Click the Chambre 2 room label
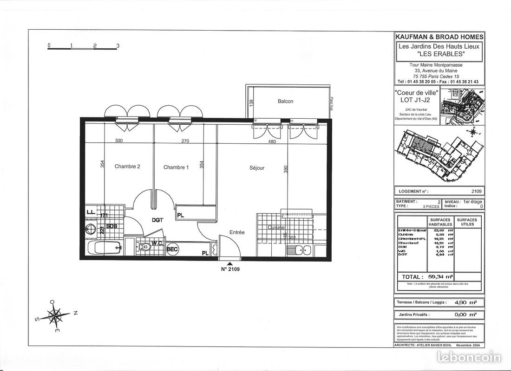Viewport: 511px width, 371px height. pyautogui.click(x=127, y=167)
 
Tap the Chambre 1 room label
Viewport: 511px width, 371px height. pyautogui.click(x=176, y=167)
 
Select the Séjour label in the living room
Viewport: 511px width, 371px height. pyautogui.click(x=257, y=168)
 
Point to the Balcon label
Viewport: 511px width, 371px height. pyautogui.click(x=285, y=101)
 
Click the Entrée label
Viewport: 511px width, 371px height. pyautogui.click(x=237, y=232)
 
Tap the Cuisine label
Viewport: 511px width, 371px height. pyautogui.click(x=276, y=228)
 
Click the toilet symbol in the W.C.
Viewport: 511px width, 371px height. pyautogui.click(x=146, y=247)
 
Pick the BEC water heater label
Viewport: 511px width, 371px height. pyautogui.click(x=173, y=249)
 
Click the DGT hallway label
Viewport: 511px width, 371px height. pyautogui.click(x=157, y=221)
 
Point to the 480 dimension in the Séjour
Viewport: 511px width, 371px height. pyautogui.click(x=272, y=141)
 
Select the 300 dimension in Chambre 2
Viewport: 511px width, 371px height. pyautogui.click(x=118, y=141)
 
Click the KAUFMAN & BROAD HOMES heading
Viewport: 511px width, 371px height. pyautogui.click(x=439, y=37)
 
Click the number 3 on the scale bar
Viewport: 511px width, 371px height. pyautogui.click(x=118, y=46)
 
